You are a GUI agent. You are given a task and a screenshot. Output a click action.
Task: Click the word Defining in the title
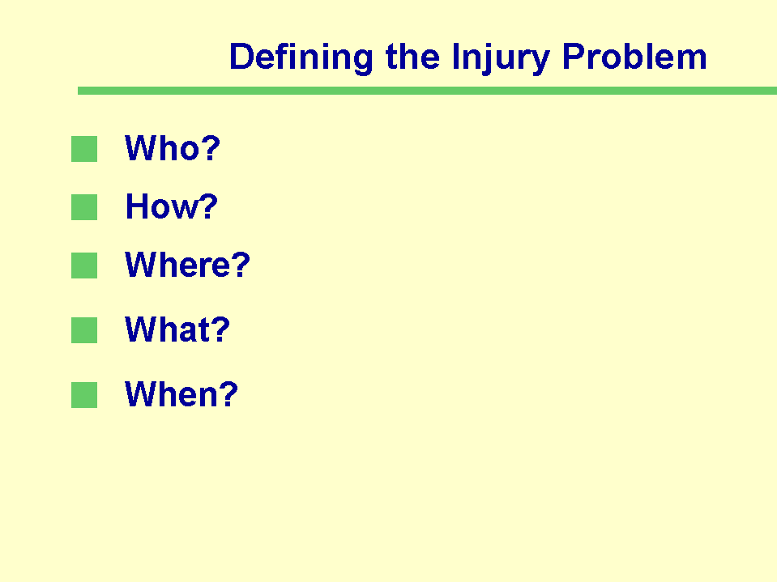coord(301,58)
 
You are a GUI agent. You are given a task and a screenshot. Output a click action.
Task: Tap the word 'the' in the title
coord(412,56)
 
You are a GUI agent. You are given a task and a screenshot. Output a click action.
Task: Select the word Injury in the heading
coord(501,58)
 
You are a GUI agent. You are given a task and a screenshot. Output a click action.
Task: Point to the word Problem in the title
coord(634,56)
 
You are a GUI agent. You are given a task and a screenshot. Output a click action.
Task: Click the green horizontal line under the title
coord(427,91)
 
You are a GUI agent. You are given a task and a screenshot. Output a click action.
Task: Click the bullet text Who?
coord(173,147)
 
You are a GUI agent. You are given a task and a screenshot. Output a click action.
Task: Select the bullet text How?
coord(172,206)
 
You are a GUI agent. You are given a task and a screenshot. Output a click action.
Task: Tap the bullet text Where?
coord(187,264)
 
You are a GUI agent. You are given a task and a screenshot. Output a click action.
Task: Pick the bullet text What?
coord(177,329)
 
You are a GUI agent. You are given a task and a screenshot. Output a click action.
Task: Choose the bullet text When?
coord(181,394)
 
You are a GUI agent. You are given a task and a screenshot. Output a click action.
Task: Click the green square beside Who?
coord(84,149)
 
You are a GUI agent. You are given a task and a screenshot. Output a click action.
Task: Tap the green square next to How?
coord(84,207)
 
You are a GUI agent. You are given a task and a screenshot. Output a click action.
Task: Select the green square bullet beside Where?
coord(84,266)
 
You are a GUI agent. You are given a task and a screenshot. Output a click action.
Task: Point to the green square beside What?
coord(84,330)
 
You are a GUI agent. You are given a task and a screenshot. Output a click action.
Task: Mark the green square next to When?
coord(84,395)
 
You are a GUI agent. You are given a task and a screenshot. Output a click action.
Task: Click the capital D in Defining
coord(241,56)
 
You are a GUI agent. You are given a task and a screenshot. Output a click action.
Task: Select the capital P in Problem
coord(574,56)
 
